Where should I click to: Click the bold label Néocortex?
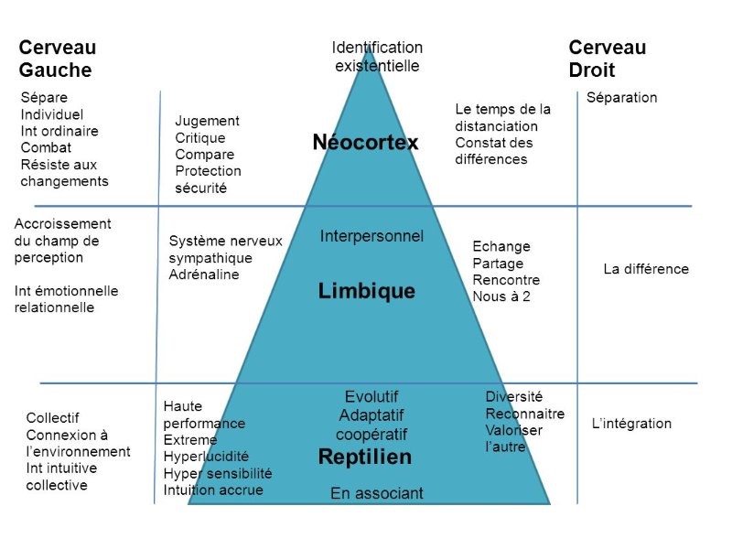(365, 142)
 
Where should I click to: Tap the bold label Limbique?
(367, 291)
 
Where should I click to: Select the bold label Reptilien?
(365, 457)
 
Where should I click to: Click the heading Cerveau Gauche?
(58, 59)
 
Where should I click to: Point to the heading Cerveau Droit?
(608, 59)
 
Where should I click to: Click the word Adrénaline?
(204, 274)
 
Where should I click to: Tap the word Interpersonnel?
(371, 236)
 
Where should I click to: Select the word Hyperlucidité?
(206, 457)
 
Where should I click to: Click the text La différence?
(646, 269)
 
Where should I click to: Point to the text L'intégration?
(631, 424)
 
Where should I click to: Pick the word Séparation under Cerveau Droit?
(622, 98)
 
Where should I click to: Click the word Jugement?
(208, 121)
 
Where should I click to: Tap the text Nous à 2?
(501, 296)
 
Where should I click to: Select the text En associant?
(377, 493)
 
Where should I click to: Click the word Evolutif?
(371, 397)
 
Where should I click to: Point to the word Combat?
(46, 147)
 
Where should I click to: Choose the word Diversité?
(514, 397)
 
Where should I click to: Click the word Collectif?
(52, 418)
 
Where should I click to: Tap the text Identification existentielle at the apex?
(377, 57)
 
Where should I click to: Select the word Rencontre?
(506, 280)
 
